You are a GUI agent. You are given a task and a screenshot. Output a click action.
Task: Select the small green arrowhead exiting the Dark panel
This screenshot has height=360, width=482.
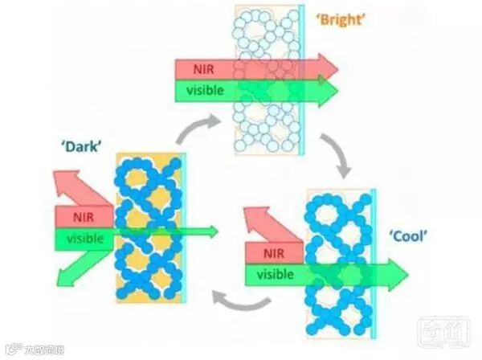[211, 231]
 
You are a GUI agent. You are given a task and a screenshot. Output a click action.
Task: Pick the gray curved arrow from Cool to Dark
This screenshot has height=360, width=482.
[239, 302]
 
